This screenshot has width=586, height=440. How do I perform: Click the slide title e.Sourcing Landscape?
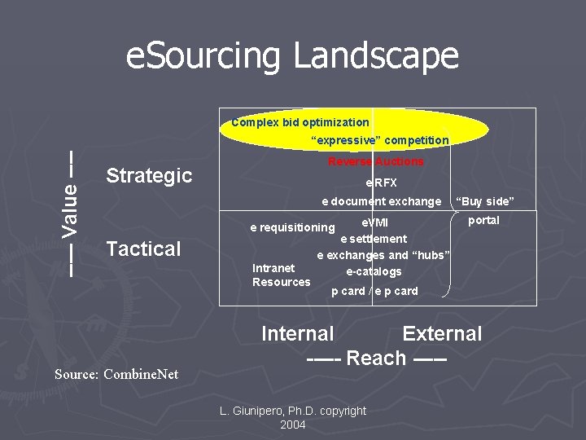(292, 56)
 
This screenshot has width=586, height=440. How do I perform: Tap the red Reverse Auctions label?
(375, 161)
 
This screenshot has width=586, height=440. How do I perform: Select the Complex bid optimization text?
(300, 122)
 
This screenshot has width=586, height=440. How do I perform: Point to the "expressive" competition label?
(380, 140)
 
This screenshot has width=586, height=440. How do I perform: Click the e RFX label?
(381, 183)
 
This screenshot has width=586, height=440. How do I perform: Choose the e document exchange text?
(381, 201)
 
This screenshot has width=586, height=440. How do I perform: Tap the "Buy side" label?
(485, 201)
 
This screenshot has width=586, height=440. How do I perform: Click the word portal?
(483, 220)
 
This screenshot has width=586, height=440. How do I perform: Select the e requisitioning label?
(292, 227)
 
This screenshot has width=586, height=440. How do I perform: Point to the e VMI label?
(375, 222)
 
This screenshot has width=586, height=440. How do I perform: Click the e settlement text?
(374, 239)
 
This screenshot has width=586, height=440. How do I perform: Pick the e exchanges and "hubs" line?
(383, 255)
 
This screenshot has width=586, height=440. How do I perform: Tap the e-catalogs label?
(374, 271)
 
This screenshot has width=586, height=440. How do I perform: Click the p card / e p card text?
(374, 291)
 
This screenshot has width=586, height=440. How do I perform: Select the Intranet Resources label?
(281, 275)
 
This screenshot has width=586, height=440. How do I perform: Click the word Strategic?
(149, 175)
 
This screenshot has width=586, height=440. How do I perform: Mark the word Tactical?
(143, 249)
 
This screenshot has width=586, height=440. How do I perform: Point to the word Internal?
(297, 333)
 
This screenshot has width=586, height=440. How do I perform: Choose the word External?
(442, 333)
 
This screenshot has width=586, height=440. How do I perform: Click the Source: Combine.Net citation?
(116, 374)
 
